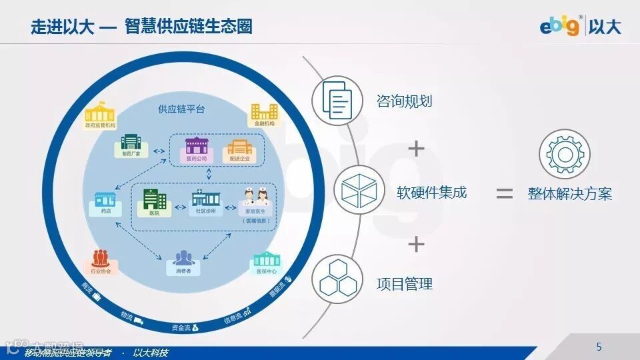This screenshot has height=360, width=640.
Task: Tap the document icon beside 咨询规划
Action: tap(337, 100)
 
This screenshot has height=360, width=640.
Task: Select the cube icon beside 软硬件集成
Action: tap(358, 191)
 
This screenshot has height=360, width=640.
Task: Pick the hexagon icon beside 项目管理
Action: tap(337, 280)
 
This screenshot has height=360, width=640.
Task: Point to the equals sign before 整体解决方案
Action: tap(505, 194)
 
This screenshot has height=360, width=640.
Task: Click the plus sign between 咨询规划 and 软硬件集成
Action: tap(416, 148)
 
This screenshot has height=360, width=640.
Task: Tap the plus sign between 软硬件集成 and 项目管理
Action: tap(416, 244)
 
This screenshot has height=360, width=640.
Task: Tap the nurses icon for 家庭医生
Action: tap(257, 198)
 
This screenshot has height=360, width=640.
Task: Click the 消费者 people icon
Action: tap(183, 258)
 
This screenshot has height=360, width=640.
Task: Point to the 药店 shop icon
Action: tap(105, 199)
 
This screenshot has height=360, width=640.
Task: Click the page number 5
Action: tap(599, 347)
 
